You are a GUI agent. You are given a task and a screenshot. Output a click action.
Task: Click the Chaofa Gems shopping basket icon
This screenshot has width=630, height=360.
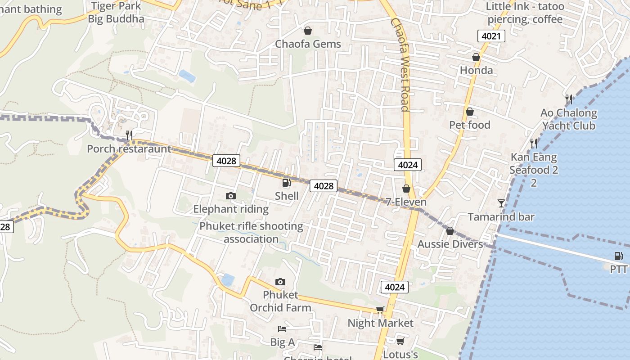pos(308,31)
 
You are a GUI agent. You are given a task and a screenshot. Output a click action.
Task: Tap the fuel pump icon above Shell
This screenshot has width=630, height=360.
pos(286,182)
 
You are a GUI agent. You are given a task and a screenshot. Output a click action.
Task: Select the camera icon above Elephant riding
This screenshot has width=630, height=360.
pos(230,196)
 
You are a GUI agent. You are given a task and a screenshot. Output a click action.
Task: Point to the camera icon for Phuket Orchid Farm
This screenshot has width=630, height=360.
pos(280,282)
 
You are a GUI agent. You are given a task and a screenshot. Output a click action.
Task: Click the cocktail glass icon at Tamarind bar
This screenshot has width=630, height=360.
pos(501,203)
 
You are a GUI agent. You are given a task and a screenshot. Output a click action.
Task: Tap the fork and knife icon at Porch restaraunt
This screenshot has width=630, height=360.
pos(129,135)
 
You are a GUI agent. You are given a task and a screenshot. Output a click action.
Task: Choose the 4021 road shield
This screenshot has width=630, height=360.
pos(491,36)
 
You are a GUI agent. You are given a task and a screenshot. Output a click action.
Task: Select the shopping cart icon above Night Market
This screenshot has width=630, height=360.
pos(380,310)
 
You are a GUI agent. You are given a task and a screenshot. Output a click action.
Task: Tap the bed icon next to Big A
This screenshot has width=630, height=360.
pos(282,329)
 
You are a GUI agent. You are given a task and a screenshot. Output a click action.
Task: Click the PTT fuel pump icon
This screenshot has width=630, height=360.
pos(619,256)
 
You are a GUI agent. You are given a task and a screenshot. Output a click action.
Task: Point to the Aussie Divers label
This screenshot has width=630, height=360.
pos(450,244)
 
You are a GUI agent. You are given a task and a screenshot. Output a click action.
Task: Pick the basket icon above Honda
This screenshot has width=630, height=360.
pos(476,57)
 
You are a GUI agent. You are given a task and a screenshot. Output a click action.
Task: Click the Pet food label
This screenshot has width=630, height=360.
pos(470,125)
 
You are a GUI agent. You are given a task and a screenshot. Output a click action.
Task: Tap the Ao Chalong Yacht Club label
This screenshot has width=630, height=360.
pos(569,119)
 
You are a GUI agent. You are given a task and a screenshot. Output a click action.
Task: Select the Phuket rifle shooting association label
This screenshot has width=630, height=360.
pos(251,232)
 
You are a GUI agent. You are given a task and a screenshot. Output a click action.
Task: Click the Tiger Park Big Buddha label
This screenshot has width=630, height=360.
pos(116,13)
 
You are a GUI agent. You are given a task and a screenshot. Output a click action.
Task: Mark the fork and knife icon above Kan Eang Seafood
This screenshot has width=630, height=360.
pos(534,144)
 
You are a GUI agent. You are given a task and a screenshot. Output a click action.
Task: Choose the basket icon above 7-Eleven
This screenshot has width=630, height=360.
pos(406,189)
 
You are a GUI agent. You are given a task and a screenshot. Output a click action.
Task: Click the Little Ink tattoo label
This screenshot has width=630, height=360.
pos(525,13)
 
